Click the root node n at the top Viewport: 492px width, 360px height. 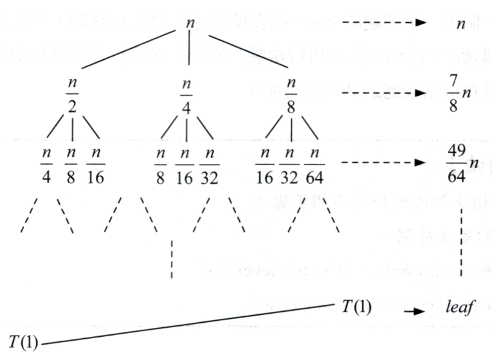(x=189, y=22)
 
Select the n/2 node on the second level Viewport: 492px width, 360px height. (x=72, y=94)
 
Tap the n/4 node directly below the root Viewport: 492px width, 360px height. (x=187, y=94)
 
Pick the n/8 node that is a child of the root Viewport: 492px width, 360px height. (x=291, y=94)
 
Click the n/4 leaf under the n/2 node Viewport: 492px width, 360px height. (x=46, y=165)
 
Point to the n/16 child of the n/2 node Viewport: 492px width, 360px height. (x=95, y=165)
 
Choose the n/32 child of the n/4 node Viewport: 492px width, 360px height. (x=209, y=165)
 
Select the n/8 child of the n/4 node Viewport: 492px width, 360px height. (x=159, y=165)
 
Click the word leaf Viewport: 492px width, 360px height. (x=460, y=308)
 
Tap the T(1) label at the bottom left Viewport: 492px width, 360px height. (x=23, y=340)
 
